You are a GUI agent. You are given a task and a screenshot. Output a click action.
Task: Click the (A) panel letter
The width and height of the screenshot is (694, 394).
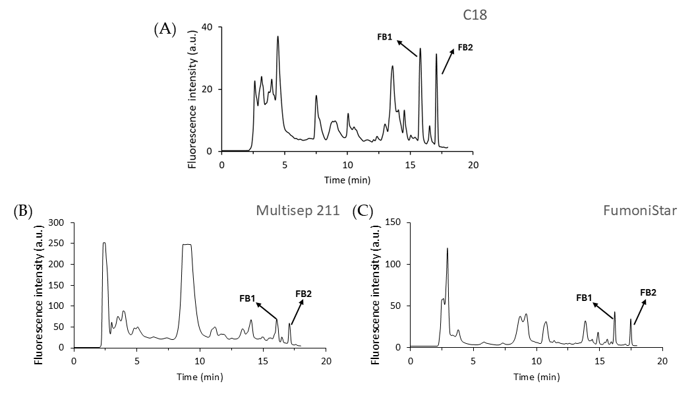[165, 29]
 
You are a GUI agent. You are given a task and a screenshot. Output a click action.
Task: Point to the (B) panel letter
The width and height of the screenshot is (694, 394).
[24, 212]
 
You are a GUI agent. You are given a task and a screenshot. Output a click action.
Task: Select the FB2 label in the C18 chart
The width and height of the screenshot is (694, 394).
[465, 48]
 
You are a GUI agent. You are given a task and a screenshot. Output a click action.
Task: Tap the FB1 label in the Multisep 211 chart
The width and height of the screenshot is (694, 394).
[248, 298]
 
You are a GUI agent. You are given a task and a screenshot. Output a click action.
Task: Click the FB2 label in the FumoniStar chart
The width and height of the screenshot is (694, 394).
[649, 292]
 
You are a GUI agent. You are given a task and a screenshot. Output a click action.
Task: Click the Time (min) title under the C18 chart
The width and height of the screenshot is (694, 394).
[347, 180]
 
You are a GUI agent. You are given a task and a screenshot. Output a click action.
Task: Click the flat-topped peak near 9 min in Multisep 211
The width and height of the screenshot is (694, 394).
[187, 246]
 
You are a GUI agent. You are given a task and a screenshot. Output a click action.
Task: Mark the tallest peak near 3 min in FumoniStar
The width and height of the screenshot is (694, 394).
[448, 249]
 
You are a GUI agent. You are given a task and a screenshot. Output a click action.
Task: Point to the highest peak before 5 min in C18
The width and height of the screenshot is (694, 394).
[278, 37]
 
